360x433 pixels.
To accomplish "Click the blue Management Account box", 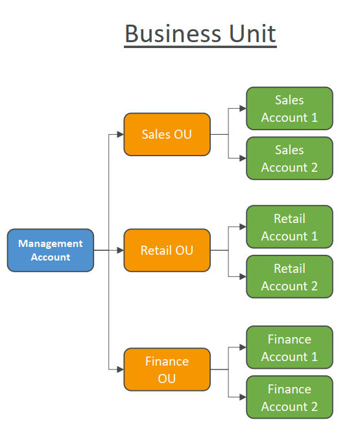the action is [51, 250].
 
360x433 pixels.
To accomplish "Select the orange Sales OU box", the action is [167, 134].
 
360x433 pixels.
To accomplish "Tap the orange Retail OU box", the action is [167, 250].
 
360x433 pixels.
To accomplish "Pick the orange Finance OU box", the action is [167, 369].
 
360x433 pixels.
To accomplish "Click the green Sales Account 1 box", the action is [289, 108].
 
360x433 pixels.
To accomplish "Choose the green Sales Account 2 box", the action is [289, 158].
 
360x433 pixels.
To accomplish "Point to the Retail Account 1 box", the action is [289, 227].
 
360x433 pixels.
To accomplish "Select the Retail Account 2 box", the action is [289, 276].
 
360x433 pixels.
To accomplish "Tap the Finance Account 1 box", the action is [289, 347].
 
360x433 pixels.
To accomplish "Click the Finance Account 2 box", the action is [289, 397].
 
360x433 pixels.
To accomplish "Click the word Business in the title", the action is [173, 34].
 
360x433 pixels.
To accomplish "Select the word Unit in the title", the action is [252, 34].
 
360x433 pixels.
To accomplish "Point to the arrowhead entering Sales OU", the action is [121, 134].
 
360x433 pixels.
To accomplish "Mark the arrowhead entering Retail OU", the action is [121, 250].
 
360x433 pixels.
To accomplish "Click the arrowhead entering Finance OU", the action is [121, 369].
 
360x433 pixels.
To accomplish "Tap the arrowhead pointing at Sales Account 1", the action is [243, 108].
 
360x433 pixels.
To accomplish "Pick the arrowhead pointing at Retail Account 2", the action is [243, 277].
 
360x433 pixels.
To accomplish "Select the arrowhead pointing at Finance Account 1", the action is [243, 347].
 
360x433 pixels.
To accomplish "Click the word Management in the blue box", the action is [51, 244].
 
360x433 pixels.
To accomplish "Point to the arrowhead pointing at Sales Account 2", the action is [243, 159].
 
